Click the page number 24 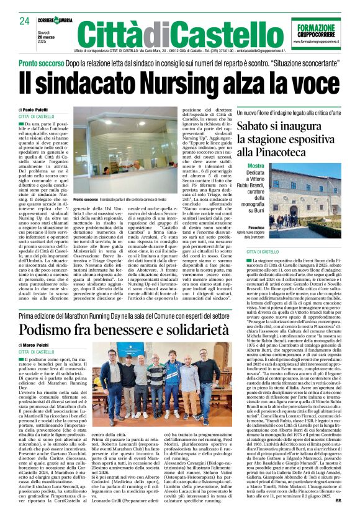tap(24, 22)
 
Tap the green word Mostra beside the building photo tap(256, 166)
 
